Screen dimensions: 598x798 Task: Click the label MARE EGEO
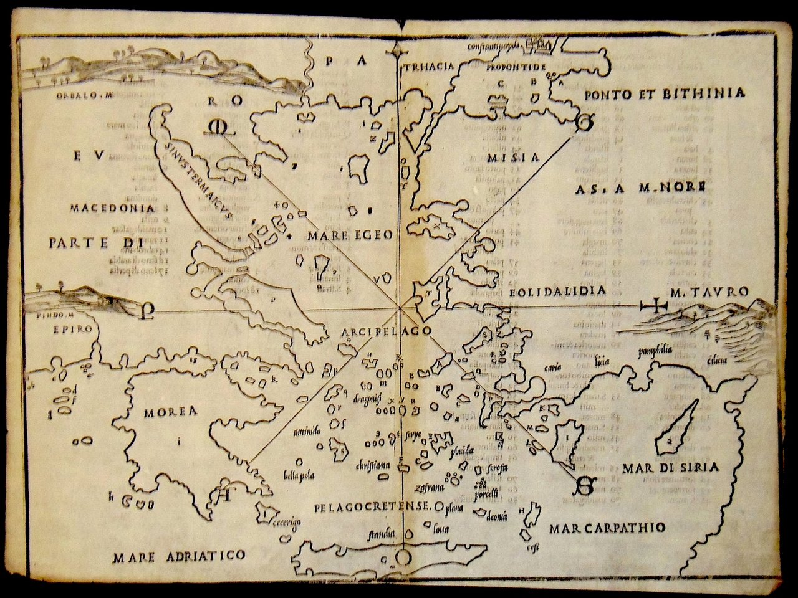pyautogui.click(x=349, y=235)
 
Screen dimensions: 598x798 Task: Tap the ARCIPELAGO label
pyautogui.click(x=387, y=331)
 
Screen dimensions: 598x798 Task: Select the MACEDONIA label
pyautogui.click(x=112, y=207)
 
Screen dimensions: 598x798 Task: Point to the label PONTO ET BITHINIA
pyautogui.click(x=665, y=94)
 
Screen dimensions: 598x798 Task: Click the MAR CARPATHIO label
pyautogui.click(x=607, y=528)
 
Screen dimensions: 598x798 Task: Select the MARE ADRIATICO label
pyautogui.click(x=179, y=556)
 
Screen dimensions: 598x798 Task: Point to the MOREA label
pyautogui.click(x=170, y=412)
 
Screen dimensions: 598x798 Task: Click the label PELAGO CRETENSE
pyautogui.click(x=372, y=506)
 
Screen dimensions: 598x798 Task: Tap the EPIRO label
pyautogui.click(x=73, y=329)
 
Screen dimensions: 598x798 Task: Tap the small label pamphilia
pyautogui.click(x=654, y=350)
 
